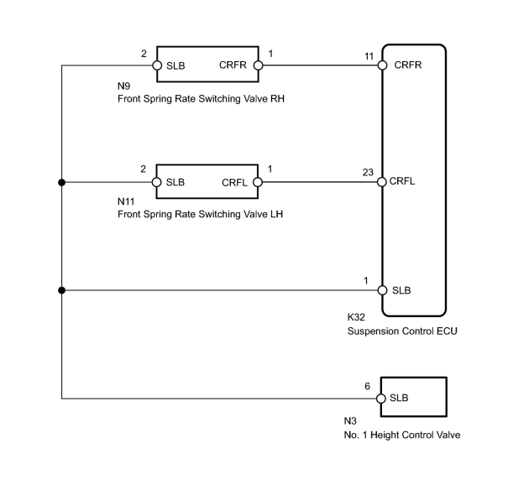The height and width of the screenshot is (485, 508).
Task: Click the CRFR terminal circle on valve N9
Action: click(x=259, y=65)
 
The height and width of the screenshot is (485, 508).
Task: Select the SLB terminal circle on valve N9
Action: click(x=157, y=65)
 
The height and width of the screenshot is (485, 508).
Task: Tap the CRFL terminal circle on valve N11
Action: click(x=258, y=182)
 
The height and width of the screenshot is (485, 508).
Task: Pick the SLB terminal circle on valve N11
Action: click(x=156, y=182)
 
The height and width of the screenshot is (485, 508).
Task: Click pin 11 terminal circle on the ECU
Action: click(x=382, y=65)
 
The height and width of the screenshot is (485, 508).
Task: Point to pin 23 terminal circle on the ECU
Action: click(x=382, y=182)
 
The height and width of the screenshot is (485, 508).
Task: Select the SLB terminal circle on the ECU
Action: click(x=382, y=290)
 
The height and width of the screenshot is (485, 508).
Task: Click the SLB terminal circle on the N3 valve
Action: click(x=381, y=399)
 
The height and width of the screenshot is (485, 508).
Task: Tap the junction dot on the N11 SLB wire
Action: click(x=61, y=183)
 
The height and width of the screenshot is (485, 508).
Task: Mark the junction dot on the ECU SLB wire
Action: click(x=61, y=290)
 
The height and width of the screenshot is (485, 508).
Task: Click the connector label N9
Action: click(x=123, y=86)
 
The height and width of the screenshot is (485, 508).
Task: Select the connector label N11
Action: click(x=126, y=201)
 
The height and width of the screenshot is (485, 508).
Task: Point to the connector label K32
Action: click(x=356, y=317)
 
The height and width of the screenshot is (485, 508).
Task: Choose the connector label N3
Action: click(x=350, y=421)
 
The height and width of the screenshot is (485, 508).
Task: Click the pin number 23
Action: click(x=368, y=172)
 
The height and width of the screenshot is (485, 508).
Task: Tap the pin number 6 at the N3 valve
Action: click(x=368, y=386)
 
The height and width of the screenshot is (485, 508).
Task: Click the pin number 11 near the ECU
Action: click(x=369, y=56)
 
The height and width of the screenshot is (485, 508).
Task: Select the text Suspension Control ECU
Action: click(x=402, y=331)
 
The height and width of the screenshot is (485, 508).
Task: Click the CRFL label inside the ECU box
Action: click(x=402, y=181)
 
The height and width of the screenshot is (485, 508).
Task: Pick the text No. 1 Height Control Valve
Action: click(x=402, y=435)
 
